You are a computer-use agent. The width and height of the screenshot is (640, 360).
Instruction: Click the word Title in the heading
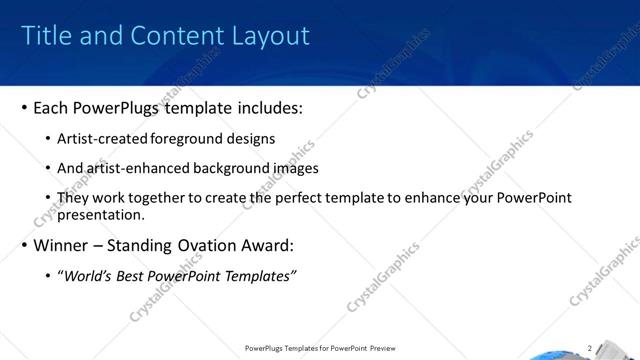45,36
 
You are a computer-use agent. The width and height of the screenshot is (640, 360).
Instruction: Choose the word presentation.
101,214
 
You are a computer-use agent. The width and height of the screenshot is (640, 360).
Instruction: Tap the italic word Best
131,276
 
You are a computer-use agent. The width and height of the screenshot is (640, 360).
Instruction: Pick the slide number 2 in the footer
590,349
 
